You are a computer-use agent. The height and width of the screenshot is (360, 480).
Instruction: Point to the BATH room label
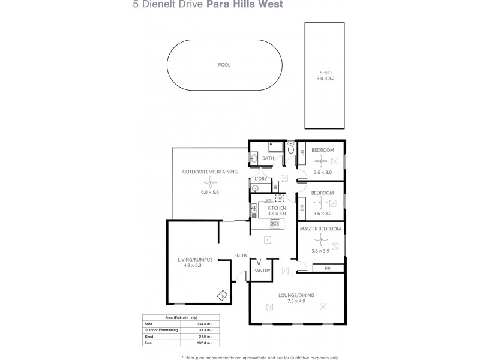click(x=268, y=158)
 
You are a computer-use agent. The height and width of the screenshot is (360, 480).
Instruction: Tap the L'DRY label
click(x=260, y=179)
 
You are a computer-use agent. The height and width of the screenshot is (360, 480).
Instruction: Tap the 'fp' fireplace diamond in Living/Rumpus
click(x=221, y=295)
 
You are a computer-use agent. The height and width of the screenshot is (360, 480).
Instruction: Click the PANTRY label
click(x=262, y=271)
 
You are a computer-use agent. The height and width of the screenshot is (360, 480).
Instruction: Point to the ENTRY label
click(x=241, y=256)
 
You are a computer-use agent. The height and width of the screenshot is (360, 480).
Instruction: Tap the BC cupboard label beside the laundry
click(x=275, y=187)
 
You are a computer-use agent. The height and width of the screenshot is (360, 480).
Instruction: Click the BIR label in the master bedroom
click(x=327, y=269)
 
